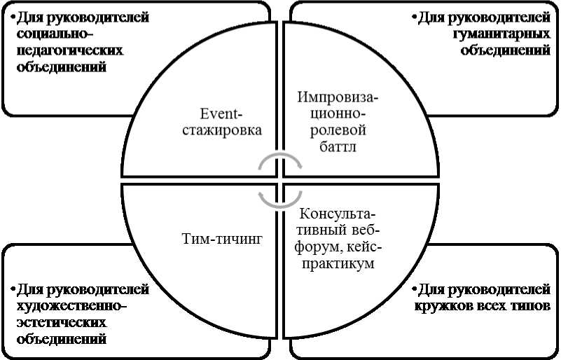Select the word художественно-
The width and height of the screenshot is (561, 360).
[69, 305]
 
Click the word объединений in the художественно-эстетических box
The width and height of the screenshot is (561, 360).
[60, 339]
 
